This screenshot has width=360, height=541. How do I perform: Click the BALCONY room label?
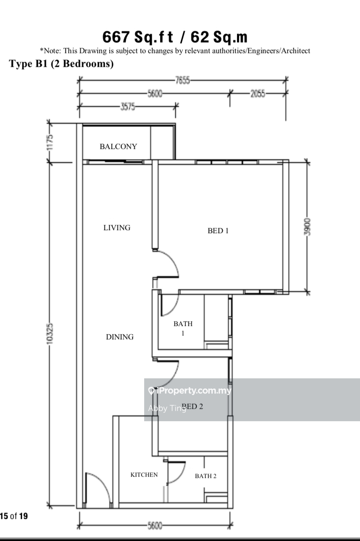point(119,146)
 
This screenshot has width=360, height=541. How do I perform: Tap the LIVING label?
point(117,228)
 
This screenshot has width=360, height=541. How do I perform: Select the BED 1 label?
point(218,231)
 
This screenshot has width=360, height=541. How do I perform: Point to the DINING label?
point(120,337)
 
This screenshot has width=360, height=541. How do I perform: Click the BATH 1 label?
point(183,328)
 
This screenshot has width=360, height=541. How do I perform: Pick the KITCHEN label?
point(144,475)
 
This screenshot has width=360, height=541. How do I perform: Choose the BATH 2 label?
point(206,476)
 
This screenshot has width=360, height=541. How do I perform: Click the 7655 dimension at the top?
point(183,80)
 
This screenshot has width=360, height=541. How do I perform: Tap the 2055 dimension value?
point(258,93)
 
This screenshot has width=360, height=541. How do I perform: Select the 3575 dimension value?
point(128,107)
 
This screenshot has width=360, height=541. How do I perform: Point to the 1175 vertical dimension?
point(50,142)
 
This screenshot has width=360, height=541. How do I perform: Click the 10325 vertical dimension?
point(50,334)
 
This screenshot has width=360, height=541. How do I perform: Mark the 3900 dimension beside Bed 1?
point(307,227)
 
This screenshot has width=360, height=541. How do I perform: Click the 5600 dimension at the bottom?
point(155,526)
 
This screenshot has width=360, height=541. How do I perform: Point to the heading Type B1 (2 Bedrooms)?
point(61,64)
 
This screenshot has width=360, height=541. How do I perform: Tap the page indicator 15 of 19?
point(14,516)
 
